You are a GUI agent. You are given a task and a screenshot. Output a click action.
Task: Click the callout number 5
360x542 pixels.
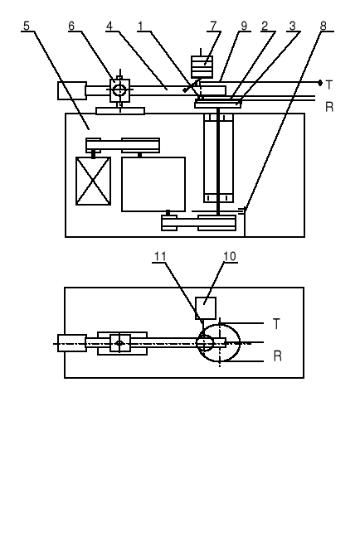tap(27, 26)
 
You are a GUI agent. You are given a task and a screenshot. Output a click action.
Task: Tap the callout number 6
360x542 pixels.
tap(71, 26)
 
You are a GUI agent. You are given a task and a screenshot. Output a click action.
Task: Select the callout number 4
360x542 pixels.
tap(109, 26)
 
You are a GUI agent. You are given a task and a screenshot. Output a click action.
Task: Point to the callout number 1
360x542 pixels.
tap(140, 26)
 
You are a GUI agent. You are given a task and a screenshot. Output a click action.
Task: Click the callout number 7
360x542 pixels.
tap(213, 26)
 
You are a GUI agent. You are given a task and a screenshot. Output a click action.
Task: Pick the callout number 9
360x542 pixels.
tap(244, 26)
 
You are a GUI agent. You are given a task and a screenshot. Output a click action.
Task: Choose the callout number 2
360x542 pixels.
tap(265, 26)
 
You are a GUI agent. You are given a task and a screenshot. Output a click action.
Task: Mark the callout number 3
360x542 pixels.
tap(293, 26)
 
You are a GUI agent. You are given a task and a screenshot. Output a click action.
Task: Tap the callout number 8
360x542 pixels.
tap(324, 26)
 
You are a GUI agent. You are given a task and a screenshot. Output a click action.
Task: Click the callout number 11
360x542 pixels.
tap(160, 256)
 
